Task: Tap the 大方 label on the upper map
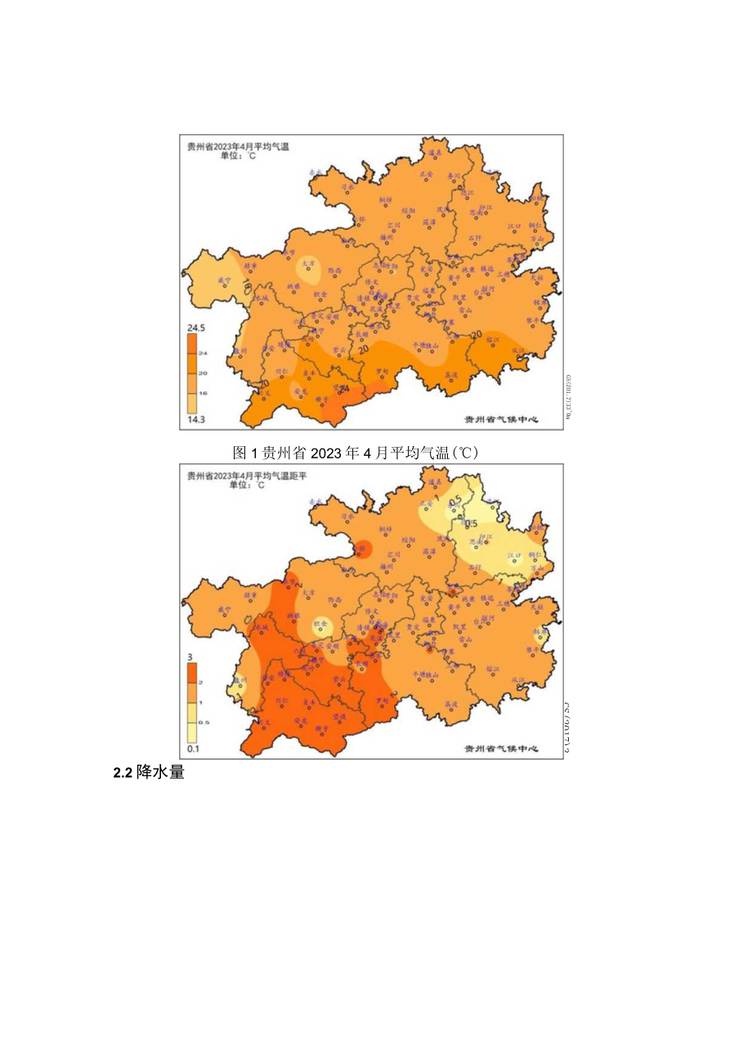[307, 263]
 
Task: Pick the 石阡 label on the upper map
[476, 237]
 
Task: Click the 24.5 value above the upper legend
[196, 328]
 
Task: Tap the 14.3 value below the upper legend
[196, 419]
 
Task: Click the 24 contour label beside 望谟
[345, 388]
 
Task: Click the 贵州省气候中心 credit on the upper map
[501, 418]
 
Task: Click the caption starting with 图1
[354, 452]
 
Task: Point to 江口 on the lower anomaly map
[514, 556]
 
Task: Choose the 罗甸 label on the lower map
[381, 699]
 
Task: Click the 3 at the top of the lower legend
[190, 657]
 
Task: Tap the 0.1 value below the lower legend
[195, 748]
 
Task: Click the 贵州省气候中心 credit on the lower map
[501, 748]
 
